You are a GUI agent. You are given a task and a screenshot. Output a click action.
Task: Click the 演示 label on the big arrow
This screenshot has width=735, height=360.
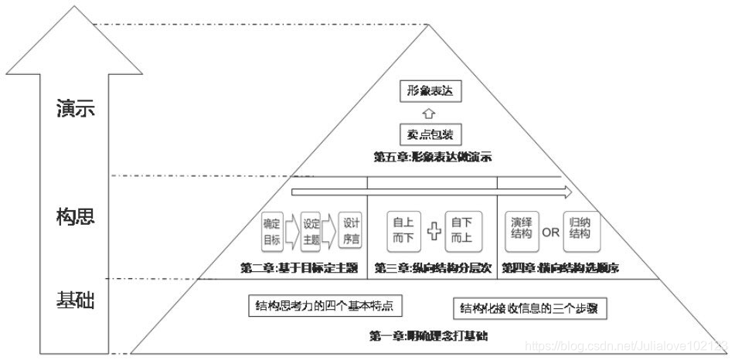pos(76,109)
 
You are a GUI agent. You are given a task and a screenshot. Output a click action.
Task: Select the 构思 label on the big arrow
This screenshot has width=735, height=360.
pos(76,216)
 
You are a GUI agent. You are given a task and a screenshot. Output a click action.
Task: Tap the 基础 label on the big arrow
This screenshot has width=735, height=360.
pos(76,300)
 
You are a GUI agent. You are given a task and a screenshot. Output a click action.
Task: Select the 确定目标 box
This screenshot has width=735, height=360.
pos(272,231)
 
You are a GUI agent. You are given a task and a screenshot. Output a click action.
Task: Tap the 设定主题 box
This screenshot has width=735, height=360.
pos(311,231)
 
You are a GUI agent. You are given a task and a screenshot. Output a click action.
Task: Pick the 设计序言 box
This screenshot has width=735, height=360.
pos(351,231)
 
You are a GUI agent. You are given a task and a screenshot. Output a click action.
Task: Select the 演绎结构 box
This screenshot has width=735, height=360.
pos(521,229)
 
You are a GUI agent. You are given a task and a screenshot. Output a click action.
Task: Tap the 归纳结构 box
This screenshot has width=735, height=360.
pos(580,229)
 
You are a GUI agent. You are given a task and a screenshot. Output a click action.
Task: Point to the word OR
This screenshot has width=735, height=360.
pos(550,231)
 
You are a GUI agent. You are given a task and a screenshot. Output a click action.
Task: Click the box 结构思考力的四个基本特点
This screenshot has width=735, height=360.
pos(325,306)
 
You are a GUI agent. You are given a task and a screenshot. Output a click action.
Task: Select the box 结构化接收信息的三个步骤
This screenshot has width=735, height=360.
pos(529,309)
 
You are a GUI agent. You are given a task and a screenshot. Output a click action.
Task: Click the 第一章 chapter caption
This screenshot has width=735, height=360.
pos(427,336)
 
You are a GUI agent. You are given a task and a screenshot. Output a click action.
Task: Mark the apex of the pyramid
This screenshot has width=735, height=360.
pos(428,25)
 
